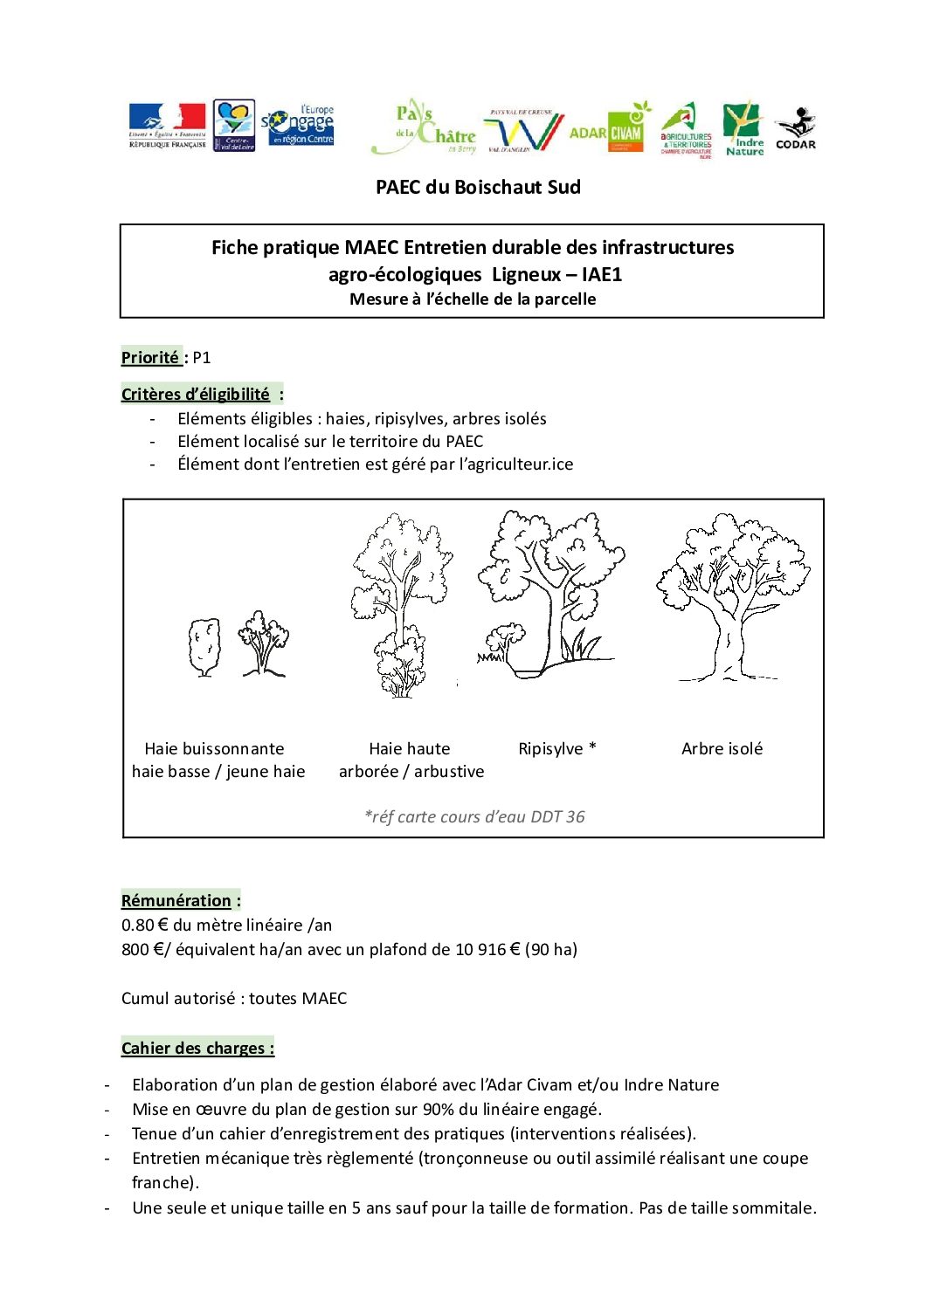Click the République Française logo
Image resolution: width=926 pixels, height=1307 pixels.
[167, 126]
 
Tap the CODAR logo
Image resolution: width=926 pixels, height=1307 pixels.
[795, 128]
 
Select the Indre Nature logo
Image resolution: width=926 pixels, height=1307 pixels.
[744, 129]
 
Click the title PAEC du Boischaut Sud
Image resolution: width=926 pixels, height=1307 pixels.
[478, 187]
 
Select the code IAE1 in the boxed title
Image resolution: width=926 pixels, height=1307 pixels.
[602, 274]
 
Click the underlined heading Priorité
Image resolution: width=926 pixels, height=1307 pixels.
[150, 357]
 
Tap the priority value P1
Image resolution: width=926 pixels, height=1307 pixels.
[202, 357]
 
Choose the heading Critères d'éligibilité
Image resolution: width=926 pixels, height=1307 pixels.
[196, 394]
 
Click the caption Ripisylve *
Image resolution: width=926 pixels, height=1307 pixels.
[557, 748]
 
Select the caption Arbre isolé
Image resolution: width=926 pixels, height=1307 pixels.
[722, 748]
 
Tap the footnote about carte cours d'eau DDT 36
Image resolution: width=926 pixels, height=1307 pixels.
[474, 816]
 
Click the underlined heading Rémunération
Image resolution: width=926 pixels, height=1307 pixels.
[176, 900]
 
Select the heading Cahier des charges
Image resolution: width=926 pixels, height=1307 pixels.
[197, 1048]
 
